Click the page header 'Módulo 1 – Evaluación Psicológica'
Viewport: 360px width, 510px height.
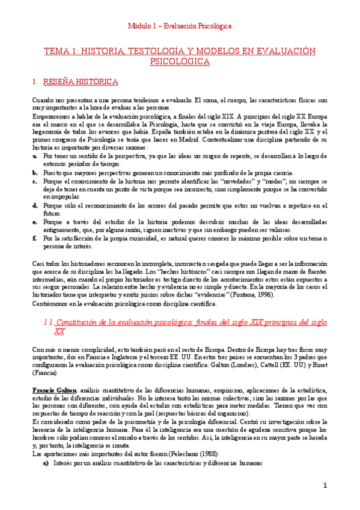(x=180, y=26)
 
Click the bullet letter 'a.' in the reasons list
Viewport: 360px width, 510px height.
(x=35, y=155)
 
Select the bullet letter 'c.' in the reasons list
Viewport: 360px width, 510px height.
(x=35, y=180)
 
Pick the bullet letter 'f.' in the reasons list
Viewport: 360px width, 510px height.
(x=35, y=238)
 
